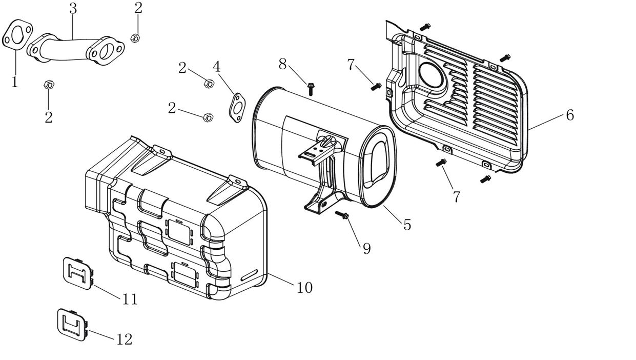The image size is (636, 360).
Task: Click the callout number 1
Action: pos(15,82)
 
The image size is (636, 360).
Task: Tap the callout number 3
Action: pos(73,9)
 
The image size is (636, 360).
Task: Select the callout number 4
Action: pos(216,67)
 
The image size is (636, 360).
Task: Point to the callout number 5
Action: pos(407,225)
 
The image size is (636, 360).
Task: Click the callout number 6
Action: pos(570,115)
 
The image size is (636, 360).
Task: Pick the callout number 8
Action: pos(282,64)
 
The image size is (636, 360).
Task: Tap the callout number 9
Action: pos(366,249)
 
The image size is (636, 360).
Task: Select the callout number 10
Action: pos(304,287)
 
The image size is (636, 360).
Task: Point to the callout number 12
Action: pos(125,339)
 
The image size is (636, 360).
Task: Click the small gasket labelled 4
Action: pos(236,108)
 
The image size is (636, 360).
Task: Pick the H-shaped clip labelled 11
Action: pos(78,271)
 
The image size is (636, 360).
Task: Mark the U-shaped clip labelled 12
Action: pos(72,324)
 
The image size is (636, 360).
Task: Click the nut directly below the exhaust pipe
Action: pos(49,85)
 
